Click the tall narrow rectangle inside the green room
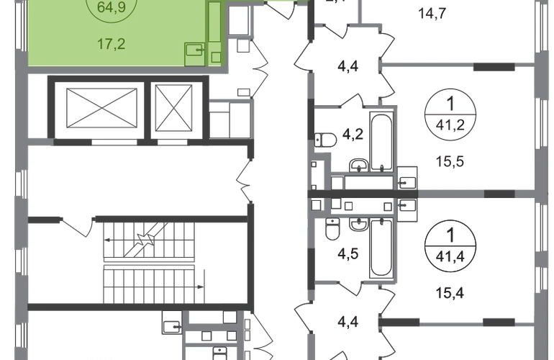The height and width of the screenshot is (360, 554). pyautogui.click(x=214, y=24)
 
